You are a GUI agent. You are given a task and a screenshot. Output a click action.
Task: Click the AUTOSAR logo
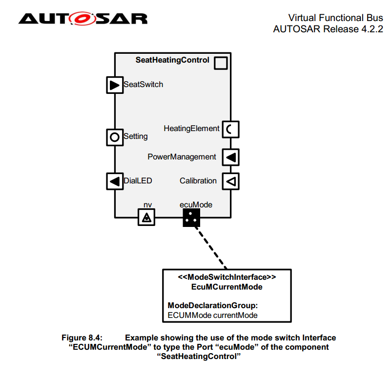(x=83, y=19)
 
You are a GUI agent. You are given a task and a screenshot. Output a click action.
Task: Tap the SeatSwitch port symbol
(x=115, y=85)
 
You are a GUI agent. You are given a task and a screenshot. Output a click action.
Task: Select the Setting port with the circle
(x=115, y=137)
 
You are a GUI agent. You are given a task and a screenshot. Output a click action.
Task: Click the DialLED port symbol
(x=115, y=181)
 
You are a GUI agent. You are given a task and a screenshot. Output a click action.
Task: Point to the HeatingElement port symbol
(x=231, y=129)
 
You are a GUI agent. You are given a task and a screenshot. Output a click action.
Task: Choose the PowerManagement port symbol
(x=231, y=157)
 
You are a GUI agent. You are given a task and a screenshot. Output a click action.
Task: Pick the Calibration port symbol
(x=231, y=181)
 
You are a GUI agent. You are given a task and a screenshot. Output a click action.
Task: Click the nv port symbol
(x=146, y=217)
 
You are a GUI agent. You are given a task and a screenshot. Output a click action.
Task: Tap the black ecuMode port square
(x=192, y=218)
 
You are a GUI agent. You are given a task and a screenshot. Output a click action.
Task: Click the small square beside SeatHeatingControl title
(x=221, y=63)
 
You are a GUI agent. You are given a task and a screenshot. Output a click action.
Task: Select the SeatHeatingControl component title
(x=172, y=60)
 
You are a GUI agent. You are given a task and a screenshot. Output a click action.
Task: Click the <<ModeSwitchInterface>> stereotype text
(x=227, y=277)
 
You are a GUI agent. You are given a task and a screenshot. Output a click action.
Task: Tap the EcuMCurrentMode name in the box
(x=227, y=287)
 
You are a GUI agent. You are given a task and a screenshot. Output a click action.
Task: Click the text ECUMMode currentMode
(x=212, y=315)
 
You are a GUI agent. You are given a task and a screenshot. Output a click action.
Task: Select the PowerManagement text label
(x=182, y=157)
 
